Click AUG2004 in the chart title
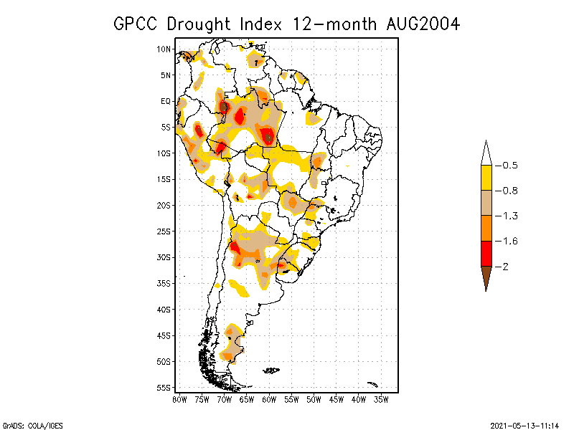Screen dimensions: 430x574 tap(420, 24)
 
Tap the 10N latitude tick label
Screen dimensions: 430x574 tap(164, 49)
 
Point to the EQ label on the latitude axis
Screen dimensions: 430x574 tap(165, 101)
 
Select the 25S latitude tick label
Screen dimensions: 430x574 tap(164, 231)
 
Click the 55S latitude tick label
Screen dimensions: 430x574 tap(164, 388)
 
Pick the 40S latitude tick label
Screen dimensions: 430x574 tap(164, 310)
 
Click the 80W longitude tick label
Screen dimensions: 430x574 tap(179, 398)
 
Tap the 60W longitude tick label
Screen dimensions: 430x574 tap(269, 398)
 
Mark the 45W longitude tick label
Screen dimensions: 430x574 tap(337, 398)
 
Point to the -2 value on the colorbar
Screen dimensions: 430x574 tap(504, 267)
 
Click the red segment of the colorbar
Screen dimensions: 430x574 tap(486, 254)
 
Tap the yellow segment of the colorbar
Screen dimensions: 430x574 tap(486, 178)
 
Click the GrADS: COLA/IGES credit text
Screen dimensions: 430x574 tap(24, 424)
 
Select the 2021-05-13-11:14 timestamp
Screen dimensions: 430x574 tap(524, 424)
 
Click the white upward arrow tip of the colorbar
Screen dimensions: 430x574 tap(486, 152)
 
